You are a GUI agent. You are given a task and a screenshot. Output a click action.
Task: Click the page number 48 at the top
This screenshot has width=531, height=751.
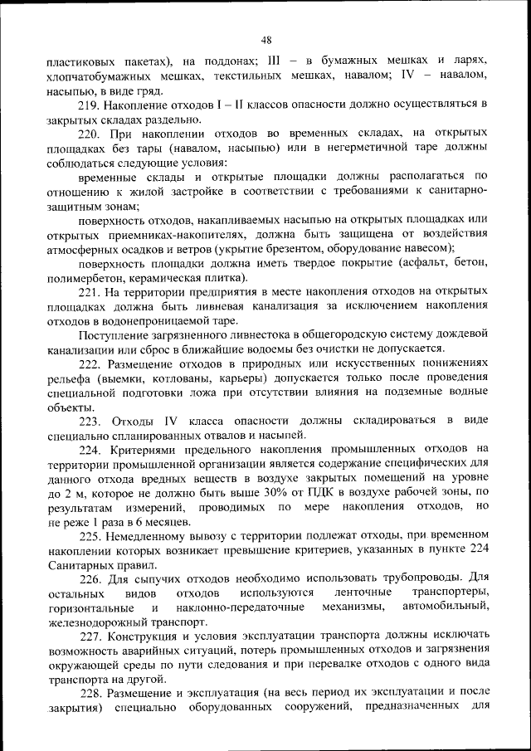coord(265,39)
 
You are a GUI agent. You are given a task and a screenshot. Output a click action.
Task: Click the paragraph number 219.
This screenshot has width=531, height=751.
coord(89,105)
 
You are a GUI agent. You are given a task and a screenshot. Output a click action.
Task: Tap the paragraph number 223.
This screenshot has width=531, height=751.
coord(89,421)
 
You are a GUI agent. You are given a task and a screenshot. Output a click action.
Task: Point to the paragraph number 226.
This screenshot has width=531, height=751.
coord(89,578)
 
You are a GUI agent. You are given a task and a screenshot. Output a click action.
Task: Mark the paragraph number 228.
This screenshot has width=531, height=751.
coord(89,692)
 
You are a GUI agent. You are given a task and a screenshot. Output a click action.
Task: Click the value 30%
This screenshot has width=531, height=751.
coord(287,492)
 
